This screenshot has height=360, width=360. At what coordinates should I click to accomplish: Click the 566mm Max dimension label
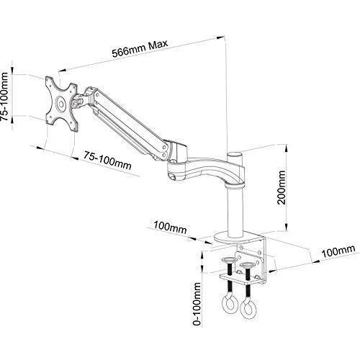point(140,48)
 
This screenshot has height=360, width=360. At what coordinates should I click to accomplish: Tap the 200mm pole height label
point(282,187)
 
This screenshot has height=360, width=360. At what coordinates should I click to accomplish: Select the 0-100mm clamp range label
point(197,304)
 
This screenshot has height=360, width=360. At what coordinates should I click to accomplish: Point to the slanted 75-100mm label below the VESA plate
point(107,161)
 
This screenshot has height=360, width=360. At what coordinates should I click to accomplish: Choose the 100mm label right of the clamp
point(338,251)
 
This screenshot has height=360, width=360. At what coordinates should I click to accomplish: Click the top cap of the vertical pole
point(235,154)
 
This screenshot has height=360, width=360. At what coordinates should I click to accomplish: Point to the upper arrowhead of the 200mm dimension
point(286,148)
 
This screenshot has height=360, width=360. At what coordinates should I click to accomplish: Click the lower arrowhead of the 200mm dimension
point(286,227)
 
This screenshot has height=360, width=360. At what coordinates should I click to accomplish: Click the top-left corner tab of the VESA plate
point(49,81)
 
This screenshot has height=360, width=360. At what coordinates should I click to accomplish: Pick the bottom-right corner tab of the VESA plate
point(74,127)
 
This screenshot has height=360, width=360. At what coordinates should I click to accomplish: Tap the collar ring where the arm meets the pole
point(235,186)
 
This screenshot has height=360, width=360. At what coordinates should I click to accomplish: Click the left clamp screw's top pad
point(229,260)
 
